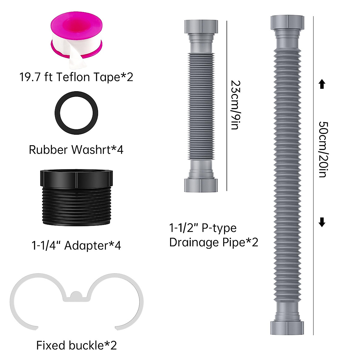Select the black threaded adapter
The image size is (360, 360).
(x=76, y=198)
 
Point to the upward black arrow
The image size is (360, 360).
(x=322, y=84)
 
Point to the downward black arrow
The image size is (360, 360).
(x=322, y=222)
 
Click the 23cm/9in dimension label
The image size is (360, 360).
(x=235, y=105)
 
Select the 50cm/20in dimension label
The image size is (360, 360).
(x=323, y=149)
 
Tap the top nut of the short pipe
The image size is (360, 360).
(x=201, y=26)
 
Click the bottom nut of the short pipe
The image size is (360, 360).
(x=201, y=185)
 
